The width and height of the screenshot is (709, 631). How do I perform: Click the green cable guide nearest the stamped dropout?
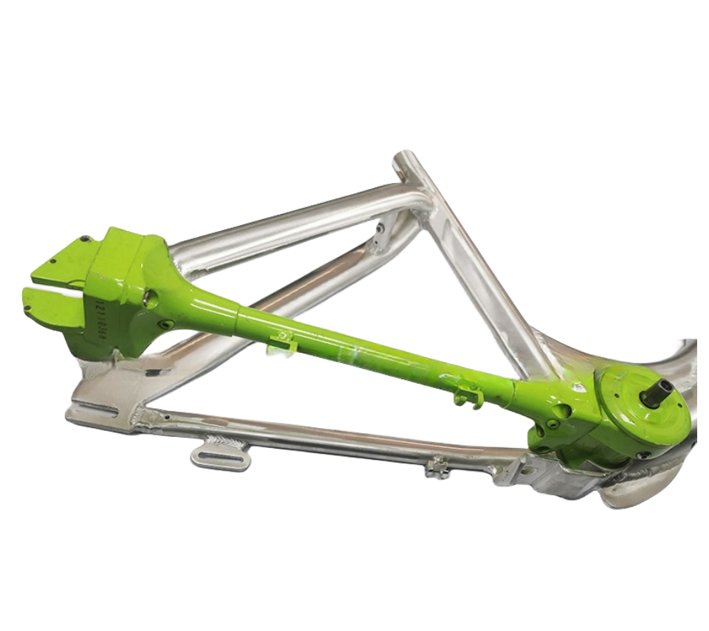[282, 342]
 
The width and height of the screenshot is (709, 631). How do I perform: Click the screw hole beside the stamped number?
[150, 298]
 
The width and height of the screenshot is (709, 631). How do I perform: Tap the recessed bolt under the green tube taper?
[166, 325]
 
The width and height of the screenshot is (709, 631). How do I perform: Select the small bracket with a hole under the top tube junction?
[381, 233]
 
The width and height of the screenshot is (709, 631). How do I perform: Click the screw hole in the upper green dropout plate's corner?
[86, 239]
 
